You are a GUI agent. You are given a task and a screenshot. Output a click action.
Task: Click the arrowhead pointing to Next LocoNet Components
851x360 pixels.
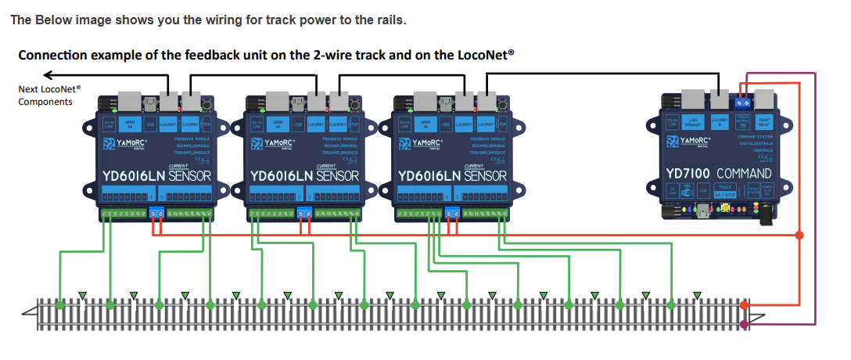(x=48, y=75)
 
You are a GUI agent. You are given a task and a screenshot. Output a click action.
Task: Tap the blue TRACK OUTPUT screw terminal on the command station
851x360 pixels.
(x=743, y=102)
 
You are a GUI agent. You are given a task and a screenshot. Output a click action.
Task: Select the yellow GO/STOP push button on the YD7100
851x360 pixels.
(x=727, y=209)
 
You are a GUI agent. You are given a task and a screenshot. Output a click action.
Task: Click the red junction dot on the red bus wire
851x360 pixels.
(x=799, y=235)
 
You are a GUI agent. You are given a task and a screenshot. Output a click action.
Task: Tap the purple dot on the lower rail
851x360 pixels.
(x=744, y=323)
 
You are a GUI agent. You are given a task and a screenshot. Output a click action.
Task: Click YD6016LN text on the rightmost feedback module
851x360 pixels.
(x=429, y=175)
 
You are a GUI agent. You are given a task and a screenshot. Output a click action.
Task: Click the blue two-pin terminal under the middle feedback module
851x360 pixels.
(x=304, y=212)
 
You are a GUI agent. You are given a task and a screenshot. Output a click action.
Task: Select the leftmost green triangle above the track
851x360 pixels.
(x=83, y=296)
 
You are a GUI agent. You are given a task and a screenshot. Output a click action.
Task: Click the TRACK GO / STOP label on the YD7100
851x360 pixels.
(x=725, y=190)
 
